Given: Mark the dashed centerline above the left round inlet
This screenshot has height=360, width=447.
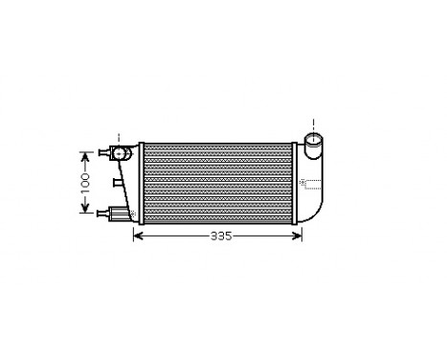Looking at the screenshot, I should point(119,136).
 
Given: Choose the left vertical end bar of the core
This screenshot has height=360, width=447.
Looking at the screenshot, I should point(140,182).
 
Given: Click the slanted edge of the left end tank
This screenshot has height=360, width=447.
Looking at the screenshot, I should point(130,187).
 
